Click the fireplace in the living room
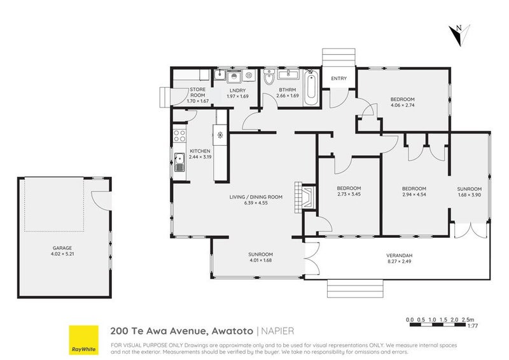304,197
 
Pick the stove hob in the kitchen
179,135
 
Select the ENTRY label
338,78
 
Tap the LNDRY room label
237,91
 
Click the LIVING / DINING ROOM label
256,197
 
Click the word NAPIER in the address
277,330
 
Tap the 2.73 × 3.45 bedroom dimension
349,194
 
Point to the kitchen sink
178,163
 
